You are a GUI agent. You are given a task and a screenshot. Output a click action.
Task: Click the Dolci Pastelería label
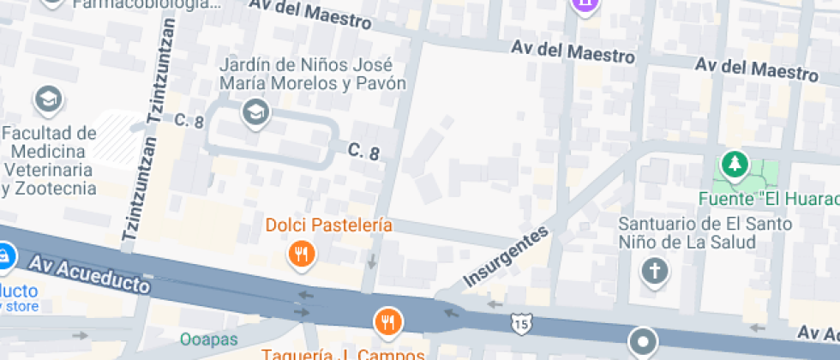pos(329,225)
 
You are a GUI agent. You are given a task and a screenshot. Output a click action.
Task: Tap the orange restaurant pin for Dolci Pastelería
pos(302,254)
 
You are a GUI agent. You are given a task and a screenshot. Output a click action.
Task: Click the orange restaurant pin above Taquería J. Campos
pos(388,321)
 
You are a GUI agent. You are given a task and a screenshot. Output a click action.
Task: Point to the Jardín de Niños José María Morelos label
pos(312,75)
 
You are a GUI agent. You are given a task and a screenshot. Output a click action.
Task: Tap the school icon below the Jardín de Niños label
pos(254,111)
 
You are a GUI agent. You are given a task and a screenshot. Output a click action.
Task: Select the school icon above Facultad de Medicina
pos(48,99)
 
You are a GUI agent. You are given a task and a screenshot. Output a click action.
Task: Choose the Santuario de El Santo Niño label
pos(687,232)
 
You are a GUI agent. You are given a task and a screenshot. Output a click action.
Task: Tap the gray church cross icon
pos(655,272)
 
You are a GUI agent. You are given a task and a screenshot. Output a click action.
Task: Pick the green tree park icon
pos(735,162)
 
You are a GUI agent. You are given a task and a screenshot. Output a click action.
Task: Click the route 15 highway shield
pos(519,324)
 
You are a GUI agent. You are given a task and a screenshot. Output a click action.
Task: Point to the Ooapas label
pos(209,339)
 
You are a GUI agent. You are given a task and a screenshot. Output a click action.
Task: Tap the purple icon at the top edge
pos(585,4)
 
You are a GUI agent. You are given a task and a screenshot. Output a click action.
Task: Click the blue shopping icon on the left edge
pos(4,255)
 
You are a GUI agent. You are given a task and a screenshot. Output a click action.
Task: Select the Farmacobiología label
pos(146,4)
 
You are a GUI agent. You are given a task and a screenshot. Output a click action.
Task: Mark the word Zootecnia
pos(53,188)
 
